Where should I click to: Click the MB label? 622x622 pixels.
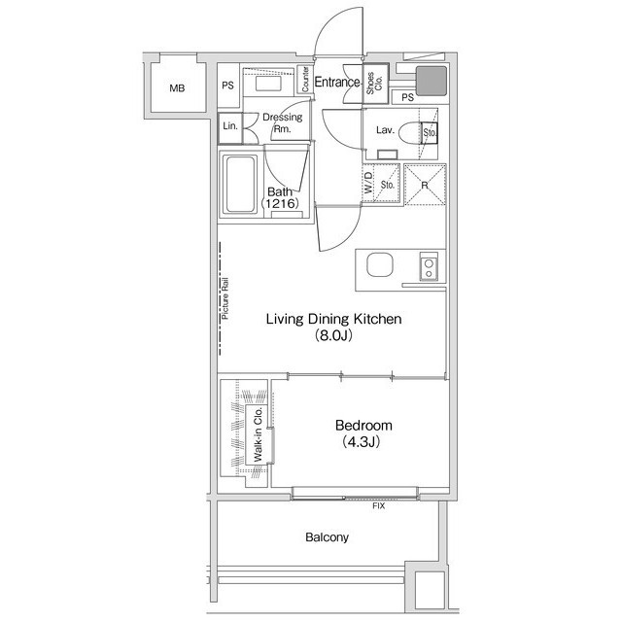177,88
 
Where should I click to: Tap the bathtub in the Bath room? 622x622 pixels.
240,185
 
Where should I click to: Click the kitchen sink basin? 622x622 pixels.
380,264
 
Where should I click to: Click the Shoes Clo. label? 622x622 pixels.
374,83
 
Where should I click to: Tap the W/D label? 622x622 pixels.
368,184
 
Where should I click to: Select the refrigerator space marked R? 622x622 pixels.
425,185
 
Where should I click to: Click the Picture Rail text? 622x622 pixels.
225,298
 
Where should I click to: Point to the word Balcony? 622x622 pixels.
327,537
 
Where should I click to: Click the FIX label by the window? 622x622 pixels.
378,506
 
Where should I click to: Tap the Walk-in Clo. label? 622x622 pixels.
258,434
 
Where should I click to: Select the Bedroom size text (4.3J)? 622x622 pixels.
362,442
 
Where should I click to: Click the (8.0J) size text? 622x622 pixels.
333,336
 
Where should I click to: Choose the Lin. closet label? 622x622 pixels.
230,126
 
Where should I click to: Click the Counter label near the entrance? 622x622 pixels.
305,80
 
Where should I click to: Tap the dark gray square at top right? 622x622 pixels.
432,81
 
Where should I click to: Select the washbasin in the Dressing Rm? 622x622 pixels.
268,84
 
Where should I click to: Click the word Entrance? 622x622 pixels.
337,82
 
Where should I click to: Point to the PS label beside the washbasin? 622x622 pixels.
227,86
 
